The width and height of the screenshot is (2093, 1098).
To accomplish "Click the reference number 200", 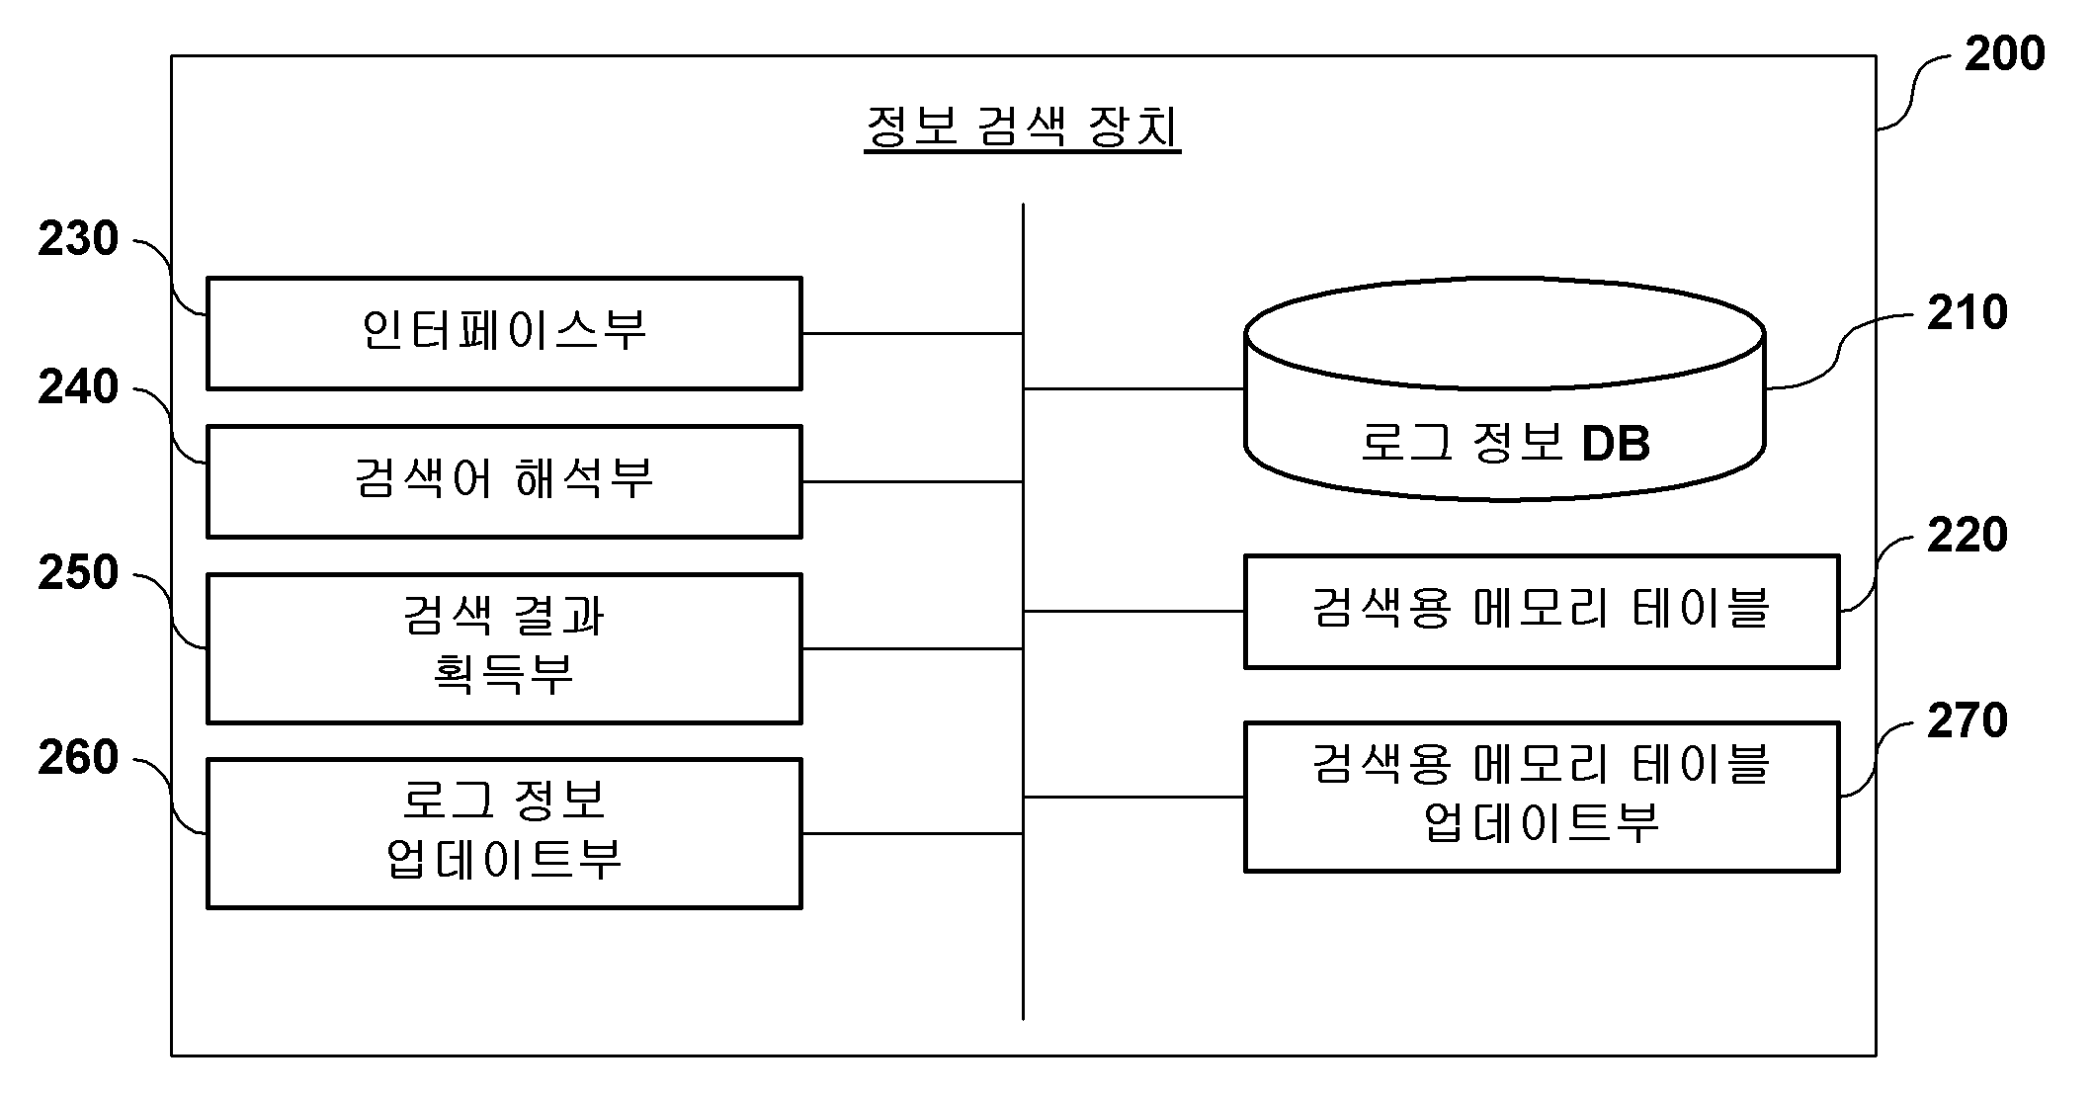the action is (2004, 53).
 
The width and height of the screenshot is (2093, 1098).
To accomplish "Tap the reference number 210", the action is (1967, 312).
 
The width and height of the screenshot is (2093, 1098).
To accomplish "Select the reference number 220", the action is (1967, 535).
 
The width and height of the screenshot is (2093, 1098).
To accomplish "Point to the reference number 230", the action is (78, 239).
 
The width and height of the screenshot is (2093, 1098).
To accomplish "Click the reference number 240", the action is (78, 387).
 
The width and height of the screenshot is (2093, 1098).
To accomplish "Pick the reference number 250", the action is (78, 573).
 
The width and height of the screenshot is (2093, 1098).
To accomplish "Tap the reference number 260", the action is (78, 758).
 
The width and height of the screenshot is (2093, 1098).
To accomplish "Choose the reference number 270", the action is (1967, 720).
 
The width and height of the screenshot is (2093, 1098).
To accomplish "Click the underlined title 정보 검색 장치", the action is (1023, 127).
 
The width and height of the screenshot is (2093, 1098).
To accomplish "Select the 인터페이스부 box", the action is (504, 334).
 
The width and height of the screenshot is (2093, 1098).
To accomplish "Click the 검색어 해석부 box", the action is (504, 482).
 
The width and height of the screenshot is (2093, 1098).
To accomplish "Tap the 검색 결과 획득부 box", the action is (504, 648).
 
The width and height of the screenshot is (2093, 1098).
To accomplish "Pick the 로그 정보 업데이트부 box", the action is (504, 833).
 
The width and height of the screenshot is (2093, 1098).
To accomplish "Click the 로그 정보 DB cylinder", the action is (1504, 389).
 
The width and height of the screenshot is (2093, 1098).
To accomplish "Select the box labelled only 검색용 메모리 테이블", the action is (1542, 612).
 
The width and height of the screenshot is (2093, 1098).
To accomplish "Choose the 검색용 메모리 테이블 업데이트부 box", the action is (1542, 797).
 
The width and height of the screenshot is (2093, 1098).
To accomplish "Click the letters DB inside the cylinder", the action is (1616, 444).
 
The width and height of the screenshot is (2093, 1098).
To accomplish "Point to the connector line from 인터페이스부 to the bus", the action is (912, 334).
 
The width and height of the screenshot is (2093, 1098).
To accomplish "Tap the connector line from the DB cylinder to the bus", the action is (1133, 389).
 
